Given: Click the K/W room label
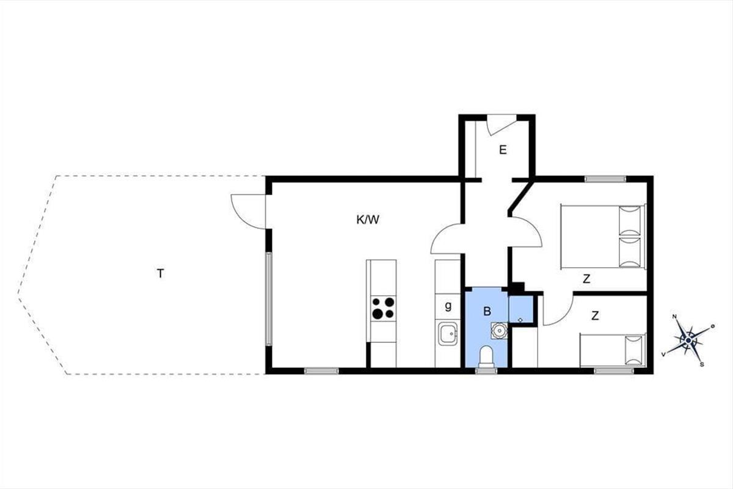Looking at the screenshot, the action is (368, 220).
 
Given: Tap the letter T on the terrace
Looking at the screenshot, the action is (160, 273).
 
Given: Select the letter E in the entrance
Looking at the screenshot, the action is (503, 150).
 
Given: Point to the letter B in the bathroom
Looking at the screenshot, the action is (487, 311).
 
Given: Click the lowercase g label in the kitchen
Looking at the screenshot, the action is (448, 306).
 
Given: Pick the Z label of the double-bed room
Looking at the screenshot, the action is (586, 279).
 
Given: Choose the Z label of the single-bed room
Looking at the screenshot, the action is (595, 315).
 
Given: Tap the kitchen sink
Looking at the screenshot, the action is (448, 333).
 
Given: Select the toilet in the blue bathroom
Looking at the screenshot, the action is (486, 357).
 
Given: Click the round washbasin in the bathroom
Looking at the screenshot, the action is (499, 330).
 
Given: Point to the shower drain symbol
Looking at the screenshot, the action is (520, 320).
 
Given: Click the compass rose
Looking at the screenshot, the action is (688, 341).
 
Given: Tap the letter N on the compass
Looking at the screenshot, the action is (674, 317).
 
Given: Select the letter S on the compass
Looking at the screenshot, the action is (702, 365).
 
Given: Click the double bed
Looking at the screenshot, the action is (603, 237).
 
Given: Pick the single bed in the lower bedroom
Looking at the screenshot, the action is (613, 350).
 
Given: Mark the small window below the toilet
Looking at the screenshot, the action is (486, 371).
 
